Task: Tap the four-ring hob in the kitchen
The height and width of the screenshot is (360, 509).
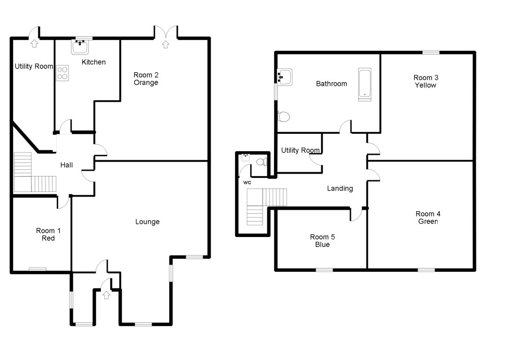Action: tap(63, 73)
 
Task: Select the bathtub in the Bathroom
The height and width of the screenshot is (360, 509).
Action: tap(365, 84)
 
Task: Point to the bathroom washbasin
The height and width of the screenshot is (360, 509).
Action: tap(285, 76)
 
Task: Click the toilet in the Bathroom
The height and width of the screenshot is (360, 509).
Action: tap(283, 116)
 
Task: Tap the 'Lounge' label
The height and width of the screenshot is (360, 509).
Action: tap(147, 222)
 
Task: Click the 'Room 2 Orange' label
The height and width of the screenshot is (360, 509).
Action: tap(146, 79)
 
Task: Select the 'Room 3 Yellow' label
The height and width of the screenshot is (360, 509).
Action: tap(425, 81)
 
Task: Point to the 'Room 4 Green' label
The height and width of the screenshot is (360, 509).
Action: tap(428, 218)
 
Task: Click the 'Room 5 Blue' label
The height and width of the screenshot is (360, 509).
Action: tap(322, 241)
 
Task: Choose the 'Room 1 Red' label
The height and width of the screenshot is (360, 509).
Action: tap(48, 235)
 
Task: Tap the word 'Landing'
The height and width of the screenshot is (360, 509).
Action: tap(340, 189)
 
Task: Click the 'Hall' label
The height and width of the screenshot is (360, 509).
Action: tap(66, 165)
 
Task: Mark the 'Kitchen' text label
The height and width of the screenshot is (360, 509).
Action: tap(94, 62)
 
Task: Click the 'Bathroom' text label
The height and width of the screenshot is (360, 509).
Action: tap(331, 84)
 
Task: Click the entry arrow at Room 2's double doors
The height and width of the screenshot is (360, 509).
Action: tap(165, 44)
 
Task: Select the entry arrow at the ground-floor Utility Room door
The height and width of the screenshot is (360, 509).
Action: tap(34, 44)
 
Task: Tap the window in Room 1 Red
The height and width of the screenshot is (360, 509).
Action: tap(38, 269)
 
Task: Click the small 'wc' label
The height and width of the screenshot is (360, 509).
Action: tap(247, 182)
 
